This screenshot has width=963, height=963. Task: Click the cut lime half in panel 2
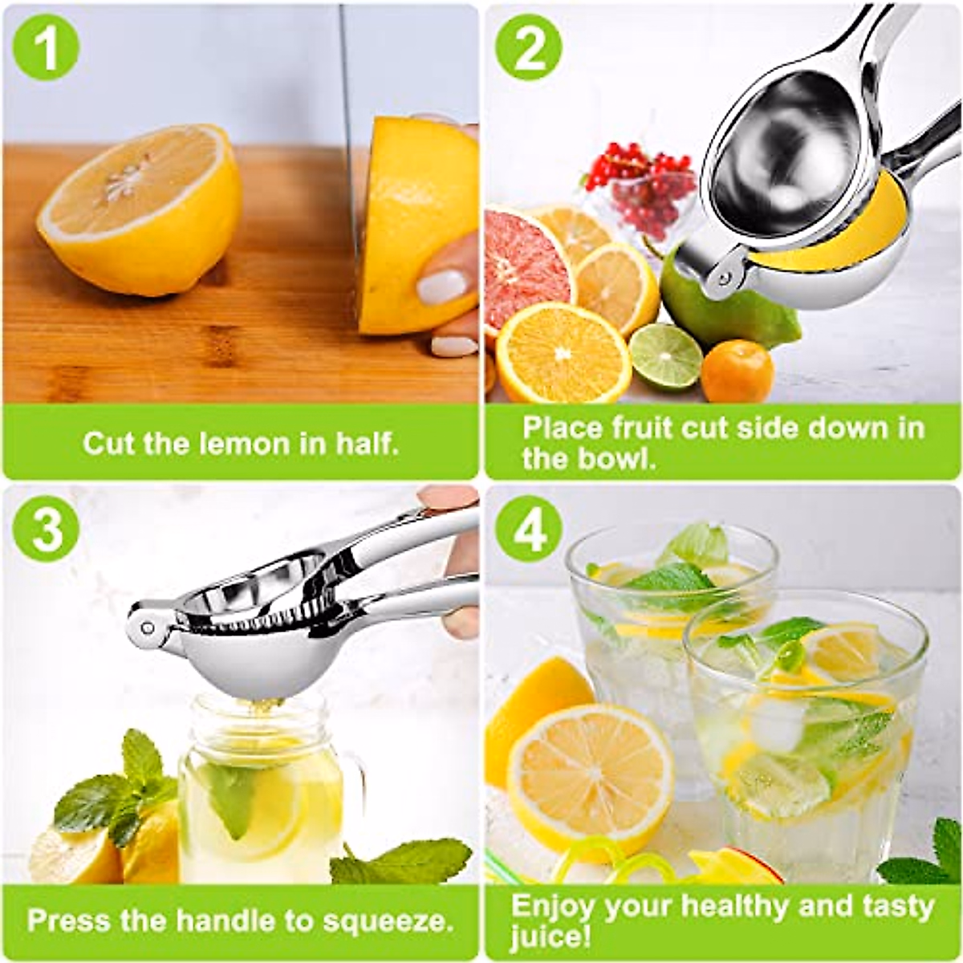[665, 356]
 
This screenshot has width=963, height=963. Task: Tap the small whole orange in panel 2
[737, 371]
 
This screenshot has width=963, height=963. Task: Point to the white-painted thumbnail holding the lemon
[441, 286]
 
